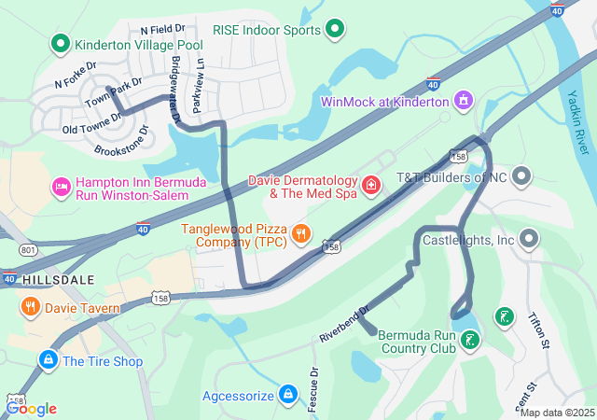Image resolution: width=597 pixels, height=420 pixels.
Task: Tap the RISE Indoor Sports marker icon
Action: (x=335, y=30)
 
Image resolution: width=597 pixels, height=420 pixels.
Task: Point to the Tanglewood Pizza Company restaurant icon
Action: (x=300, y=233)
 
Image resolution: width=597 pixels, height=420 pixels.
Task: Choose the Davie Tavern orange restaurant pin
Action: (x=30, y=307)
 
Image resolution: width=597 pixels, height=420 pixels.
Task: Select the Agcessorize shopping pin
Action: (x=289, y=396)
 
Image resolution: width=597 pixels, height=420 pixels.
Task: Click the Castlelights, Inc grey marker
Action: (x=530, y=240)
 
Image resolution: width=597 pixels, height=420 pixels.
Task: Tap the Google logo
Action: (x=31, y=408)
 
